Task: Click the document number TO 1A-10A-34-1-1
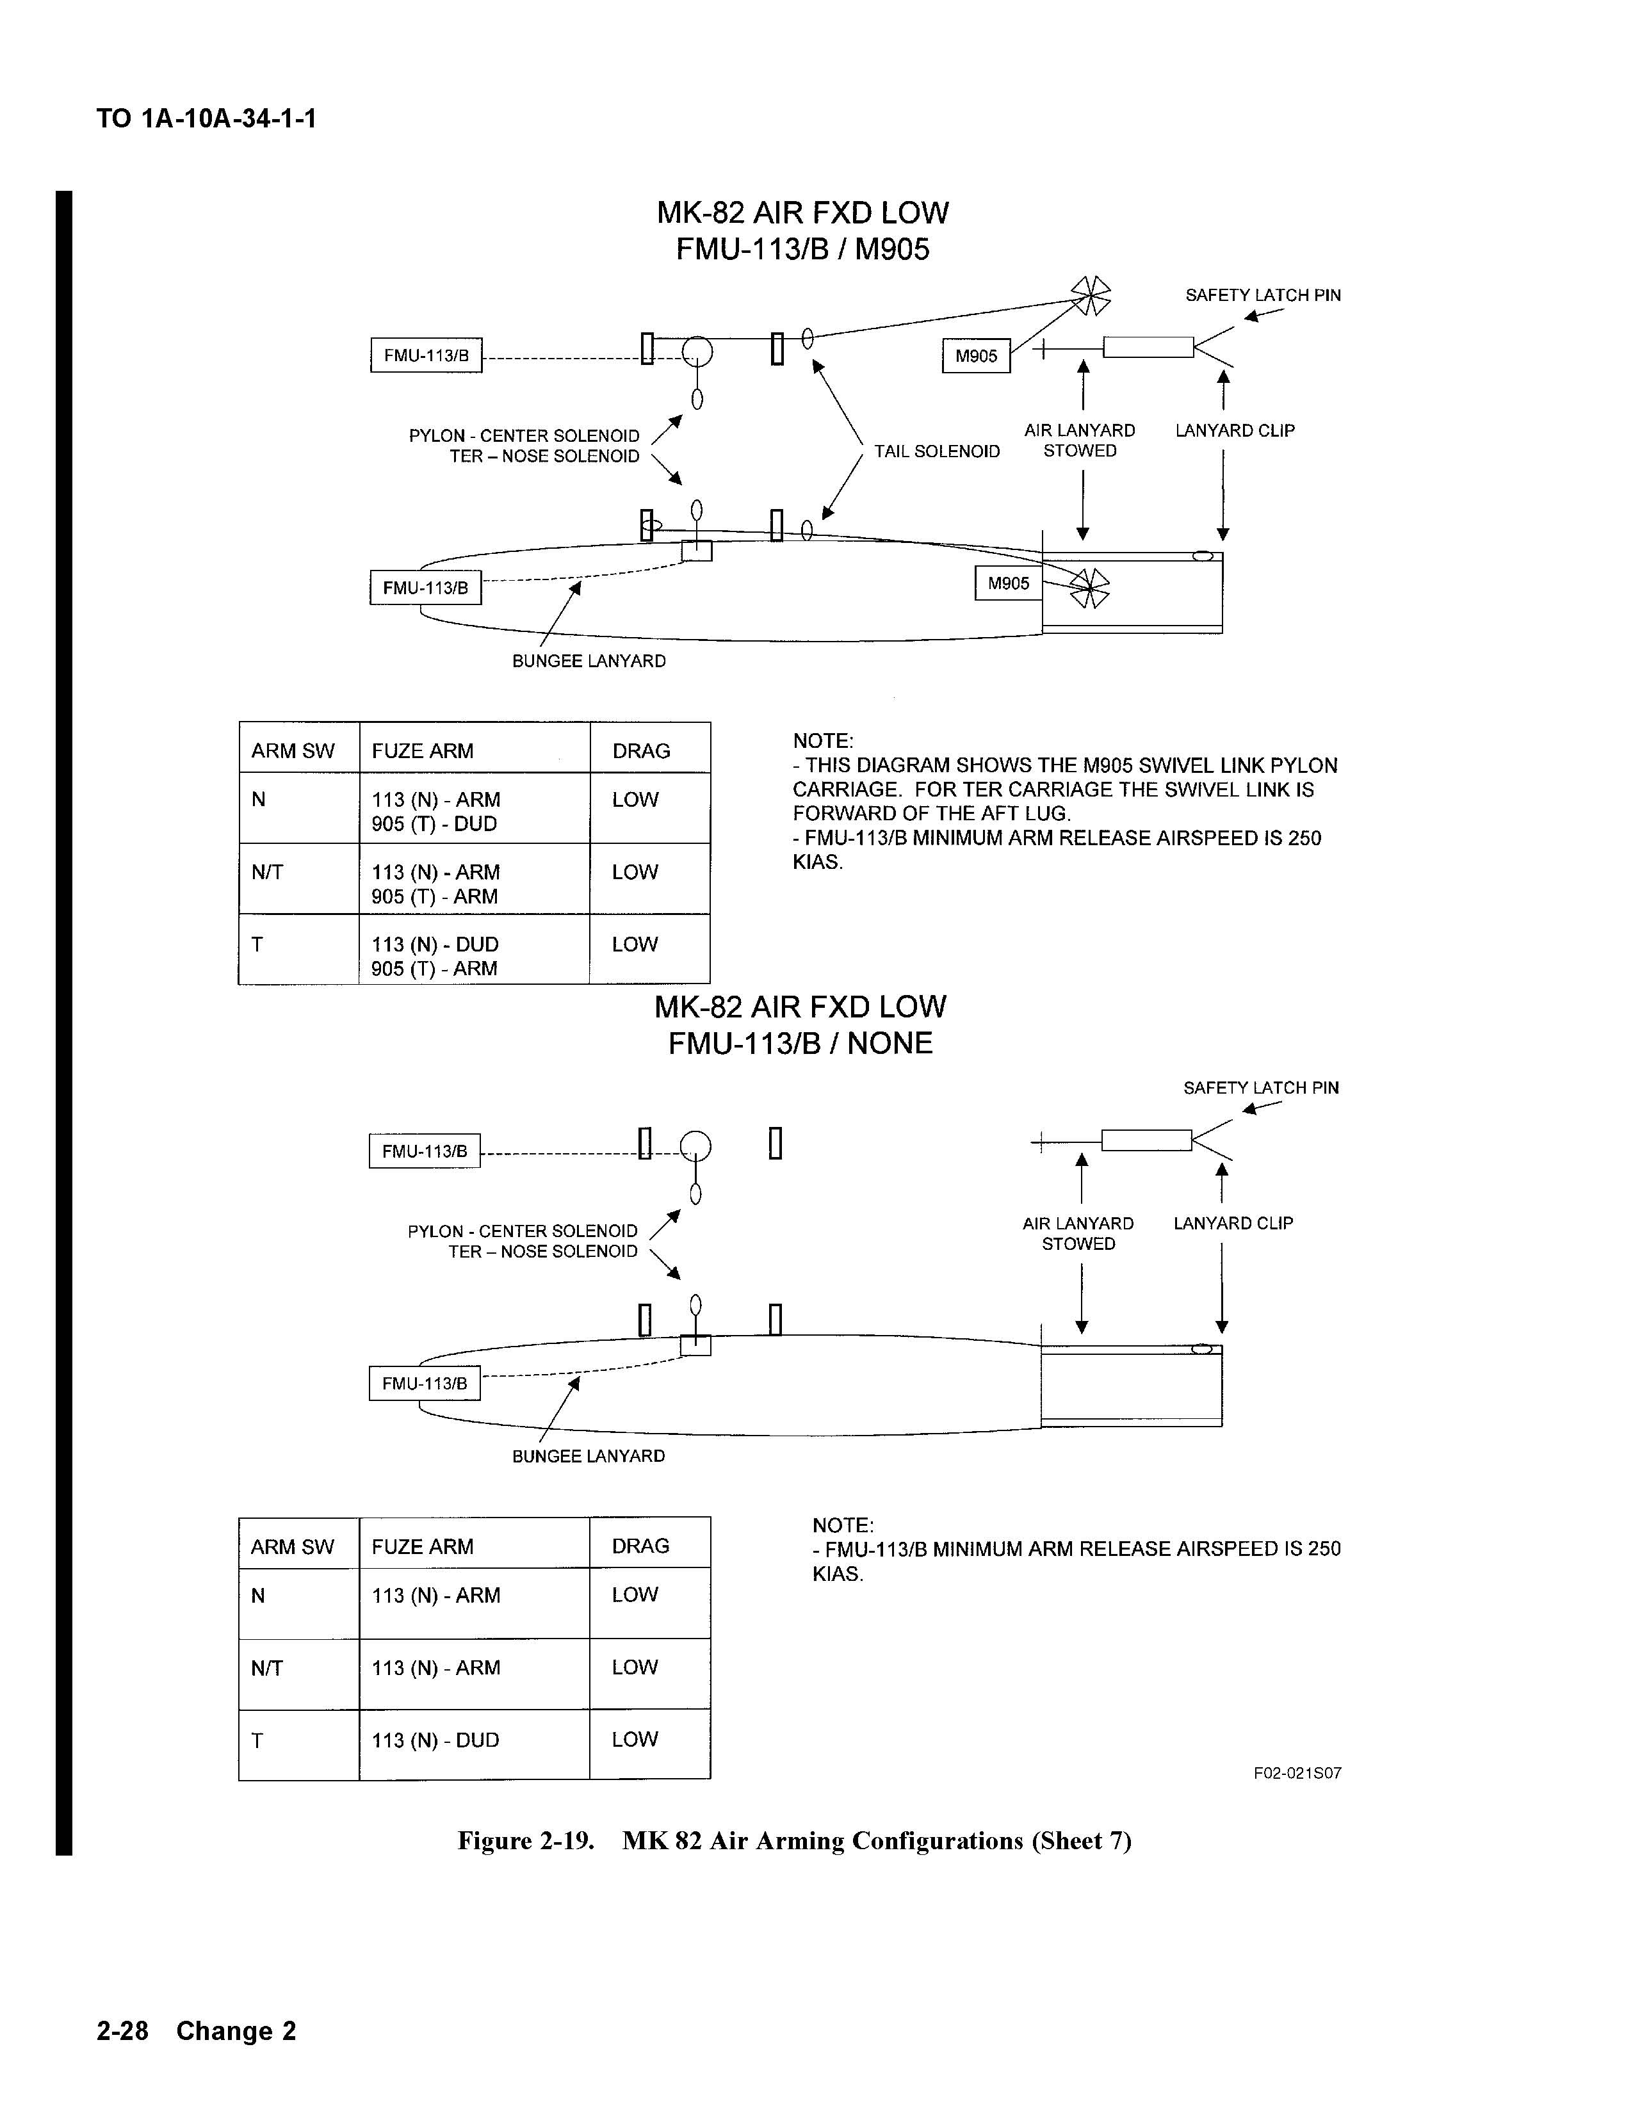[x=206, y=119]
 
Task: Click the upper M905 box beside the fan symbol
[x=976, y=356]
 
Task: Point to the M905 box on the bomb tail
[x=1008, y=583]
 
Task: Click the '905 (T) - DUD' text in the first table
[x=434, y=823]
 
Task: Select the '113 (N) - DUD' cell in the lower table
[x=435, y=1740]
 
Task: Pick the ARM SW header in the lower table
[x=292, y=1546]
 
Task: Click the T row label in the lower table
[x=257, y=1740]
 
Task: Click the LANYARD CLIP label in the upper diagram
[x=1235, y=430]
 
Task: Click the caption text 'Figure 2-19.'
[x=525, y=1840]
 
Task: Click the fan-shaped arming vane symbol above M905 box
[x=1091, y=295]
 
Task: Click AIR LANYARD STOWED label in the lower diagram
[x=1078, y=1234]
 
